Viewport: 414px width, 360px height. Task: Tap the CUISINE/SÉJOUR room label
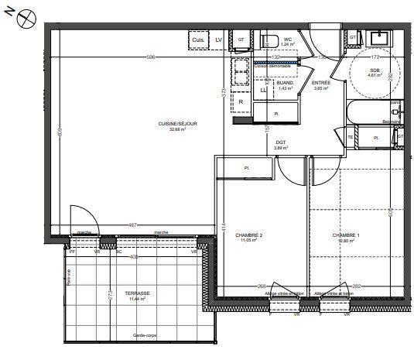tap(151, 125)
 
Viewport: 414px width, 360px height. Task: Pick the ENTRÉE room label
tap(321, 82)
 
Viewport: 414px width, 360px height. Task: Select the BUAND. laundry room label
tap(286, 82)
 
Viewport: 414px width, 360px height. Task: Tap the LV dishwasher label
tap(219, 39)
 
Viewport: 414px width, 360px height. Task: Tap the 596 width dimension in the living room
tap(152, 57)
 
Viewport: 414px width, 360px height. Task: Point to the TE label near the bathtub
tap(350, 138)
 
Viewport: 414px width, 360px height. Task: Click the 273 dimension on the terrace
tap(111, 295)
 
